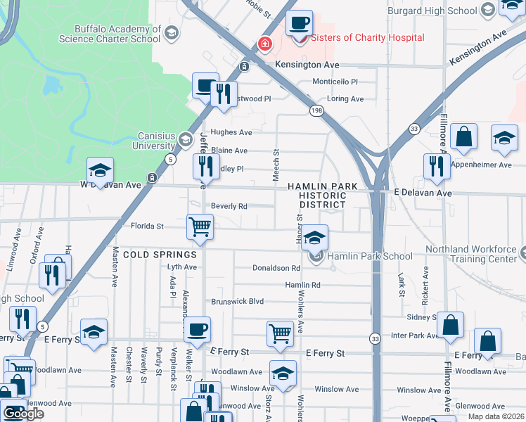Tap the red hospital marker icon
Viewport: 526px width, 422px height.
click(x=265, y=44)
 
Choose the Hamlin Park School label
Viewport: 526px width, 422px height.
click(x=370, y=256)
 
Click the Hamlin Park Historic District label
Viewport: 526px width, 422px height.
click(x=322, y=195)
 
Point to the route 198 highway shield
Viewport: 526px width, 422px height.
click(x=316, y=110)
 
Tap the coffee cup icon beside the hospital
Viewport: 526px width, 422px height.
click(x=299, y=23)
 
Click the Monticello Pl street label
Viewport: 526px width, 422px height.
click(x=335, y=82)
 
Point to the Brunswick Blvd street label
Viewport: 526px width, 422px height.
click(x=238, y=301)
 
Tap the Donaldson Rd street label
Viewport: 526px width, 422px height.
click(x=276, y=268)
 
